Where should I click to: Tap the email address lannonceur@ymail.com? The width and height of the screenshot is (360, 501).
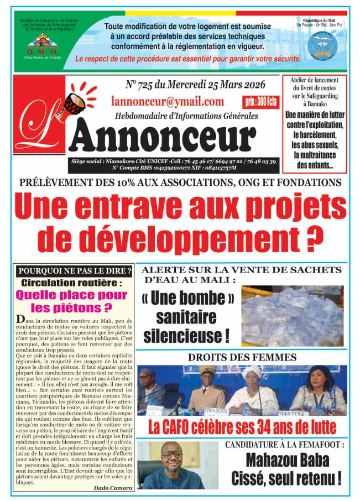coord(168,102)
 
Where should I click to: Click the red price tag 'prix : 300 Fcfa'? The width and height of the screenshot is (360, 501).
coord(260,102)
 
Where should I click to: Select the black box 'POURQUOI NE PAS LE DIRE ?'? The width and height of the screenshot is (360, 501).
coord(75,271)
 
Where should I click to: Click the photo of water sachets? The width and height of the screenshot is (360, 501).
coord(293,314)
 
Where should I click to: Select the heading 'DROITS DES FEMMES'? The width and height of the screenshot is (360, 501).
coord(242,357)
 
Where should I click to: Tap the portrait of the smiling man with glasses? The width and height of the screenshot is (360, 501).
coord(169,468)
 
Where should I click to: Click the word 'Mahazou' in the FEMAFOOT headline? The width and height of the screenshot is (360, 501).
coord(272,461)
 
